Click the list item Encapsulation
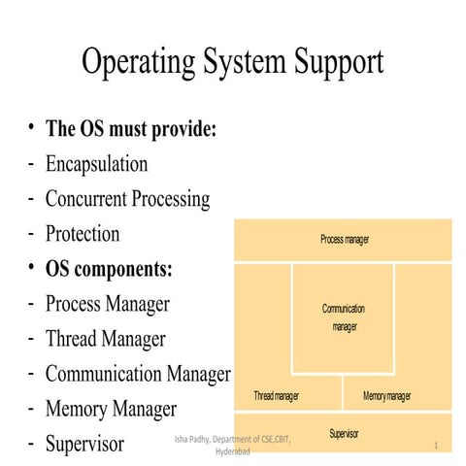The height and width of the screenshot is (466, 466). [x=96, y=164]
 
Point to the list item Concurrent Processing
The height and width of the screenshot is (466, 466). [x=127, y=199]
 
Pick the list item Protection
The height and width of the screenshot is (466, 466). [x=83, y=234]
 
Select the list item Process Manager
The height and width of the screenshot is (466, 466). [x=107, y=303]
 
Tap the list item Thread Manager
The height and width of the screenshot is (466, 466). [x=105, y=339]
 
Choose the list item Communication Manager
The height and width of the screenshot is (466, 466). [x=138, y=374]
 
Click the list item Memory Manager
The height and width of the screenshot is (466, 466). [x=111, y=409]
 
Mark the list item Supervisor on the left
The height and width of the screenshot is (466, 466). [x=84, y=444]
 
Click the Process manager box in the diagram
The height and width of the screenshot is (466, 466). [x=344, y=239]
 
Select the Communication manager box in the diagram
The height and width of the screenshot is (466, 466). [x=344, y=317]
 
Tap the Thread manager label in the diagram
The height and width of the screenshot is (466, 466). [x=277, y=396]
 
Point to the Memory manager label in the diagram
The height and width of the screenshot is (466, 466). [x=386, y=396]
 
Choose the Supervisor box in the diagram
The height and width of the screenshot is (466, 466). [x=344, y=433]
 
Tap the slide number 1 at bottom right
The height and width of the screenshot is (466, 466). [x=437, y=446]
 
